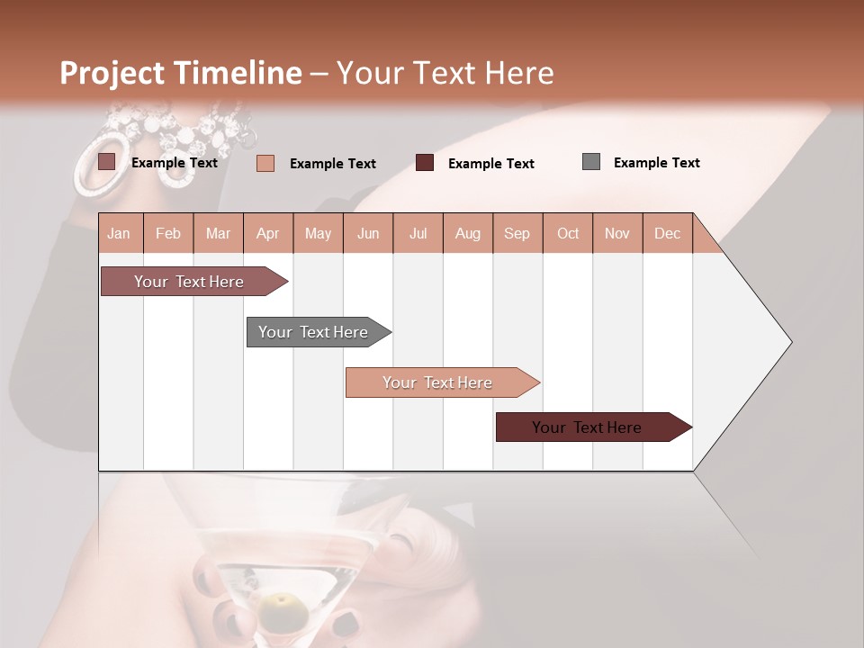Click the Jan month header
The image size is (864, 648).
(119, 233)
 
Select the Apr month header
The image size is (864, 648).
(267, 233)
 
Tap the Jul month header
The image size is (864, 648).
(418, 233)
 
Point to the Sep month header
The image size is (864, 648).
(517, 233)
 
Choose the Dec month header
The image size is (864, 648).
(667, 233)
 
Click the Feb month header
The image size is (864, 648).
(168, 233)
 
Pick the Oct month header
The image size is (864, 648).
(568, 233)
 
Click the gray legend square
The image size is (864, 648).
(591, 162)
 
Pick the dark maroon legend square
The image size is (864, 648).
(425, 163)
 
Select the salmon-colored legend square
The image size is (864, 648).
(265, 163)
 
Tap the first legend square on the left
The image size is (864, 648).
(107, 162)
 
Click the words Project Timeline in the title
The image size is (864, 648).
(180, 73)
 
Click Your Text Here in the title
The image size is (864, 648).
(445, 73)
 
